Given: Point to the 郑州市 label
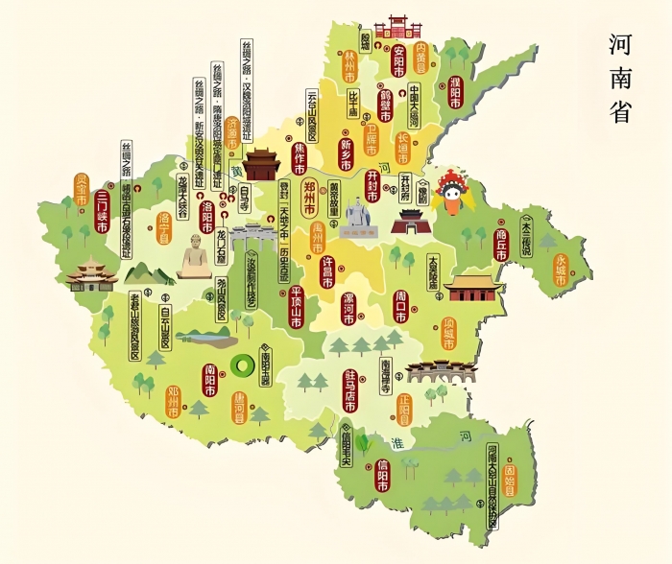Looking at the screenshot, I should [x=309, y=196].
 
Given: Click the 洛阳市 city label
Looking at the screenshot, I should [x=205, y=218].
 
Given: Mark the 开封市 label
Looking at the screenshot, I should [x=372, y=186].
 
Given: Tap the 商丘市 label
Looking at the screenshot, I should [x=500, y=244].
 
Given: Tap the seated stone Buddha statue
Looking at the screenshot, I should [x=196, y=258].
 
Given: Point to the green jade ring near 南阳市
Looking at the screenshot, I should [x=242, y=365].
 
